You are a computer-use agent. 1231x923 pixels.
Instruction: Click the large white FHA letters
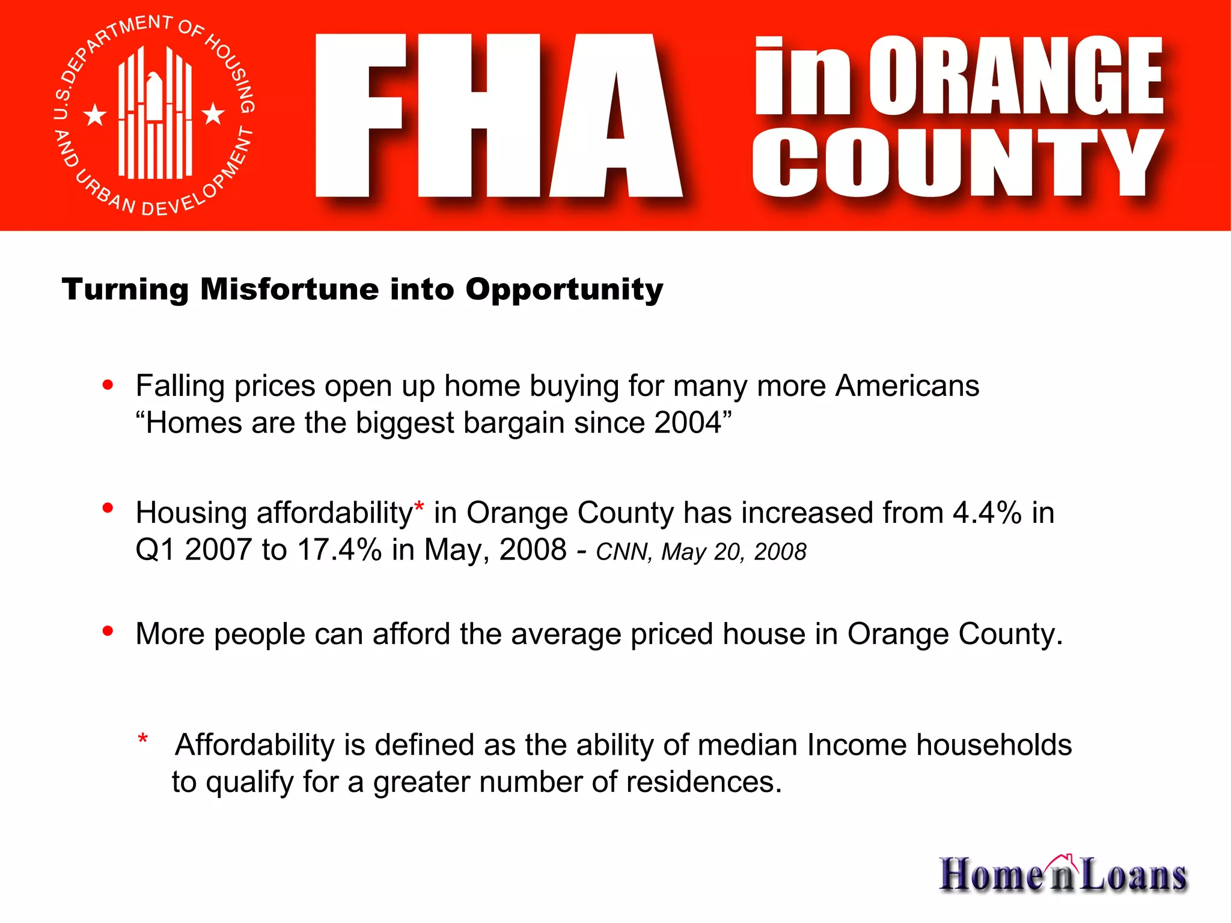pyautogui.click(x=498, y=115)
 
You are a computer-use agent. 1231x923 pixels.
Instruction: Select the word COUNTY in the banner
pyautogui.click(x=957, y=163)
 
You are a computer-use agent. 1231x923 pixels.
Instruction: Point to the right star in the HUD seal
pyautogui.click(x=213, y=113)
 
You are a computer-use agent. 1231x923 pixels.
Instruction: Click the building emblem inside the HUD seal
pyautogui.click(x=154, y=114)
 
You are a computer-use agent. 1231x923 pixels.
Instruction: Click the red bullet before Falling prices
pyautogui.click(x=108, y=385)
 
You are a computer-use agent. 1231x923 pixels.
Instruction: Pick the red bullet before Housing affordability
pyautogui.click(x=108, y=508)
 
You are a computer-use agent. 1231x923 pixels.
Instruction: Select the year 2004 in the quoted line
pyautogui.click(x=688, y=423)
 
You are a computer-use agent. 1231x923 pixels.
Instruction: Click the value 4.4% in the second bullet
pyautogui.click(x=987, y=513)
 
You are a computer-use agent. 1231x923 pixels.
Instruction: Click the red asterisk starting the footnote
pyautogui.click(x=142, y=739)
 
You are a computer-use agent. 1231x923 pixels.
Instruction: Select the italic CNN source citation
pyautogui.click(x=701, y=552)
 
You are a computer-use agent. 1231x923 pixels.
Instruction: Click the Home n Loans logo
pyautogui.click(x=1063, y=874)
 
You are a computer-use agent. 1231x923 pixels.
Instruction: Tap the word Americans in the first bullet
pyautogui.click(x=907, y=386)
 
